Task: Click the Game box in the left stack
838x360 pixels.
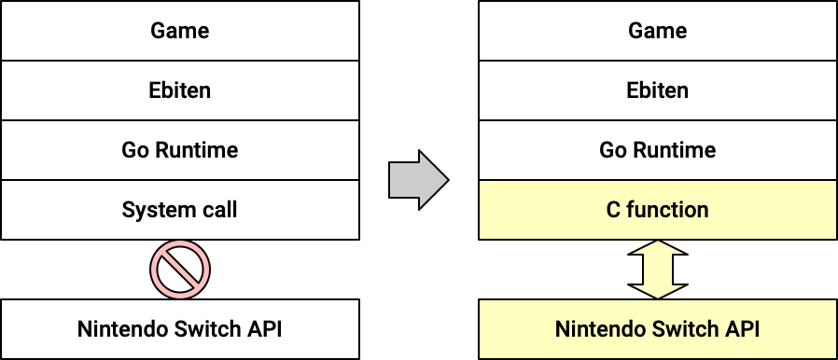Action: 179,31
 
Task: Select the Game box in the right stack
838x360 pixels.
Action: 657,31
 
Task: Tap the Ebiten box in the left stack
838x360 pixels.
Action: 179,90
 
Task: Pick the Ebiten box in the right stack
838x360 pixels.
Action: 657,90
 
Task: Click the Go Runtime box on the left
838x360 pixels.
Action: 179,150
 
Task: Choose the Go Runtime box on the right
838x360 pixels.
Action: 657,150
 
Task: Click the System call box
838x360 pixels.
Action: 179,210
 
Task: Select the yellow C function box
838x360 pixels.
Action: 657,210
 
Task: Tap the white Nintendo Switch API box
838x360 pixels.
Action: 179,329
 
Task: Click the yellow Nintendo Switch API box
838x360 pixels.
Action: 657,329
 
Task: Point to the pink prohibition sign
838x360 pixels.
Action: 179,270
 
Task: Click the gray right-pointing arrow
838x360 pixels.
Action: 417,180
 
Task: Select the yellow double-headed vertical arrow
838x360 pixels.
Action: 657,270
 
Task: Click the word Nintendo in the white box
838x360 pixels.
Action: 119,329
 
